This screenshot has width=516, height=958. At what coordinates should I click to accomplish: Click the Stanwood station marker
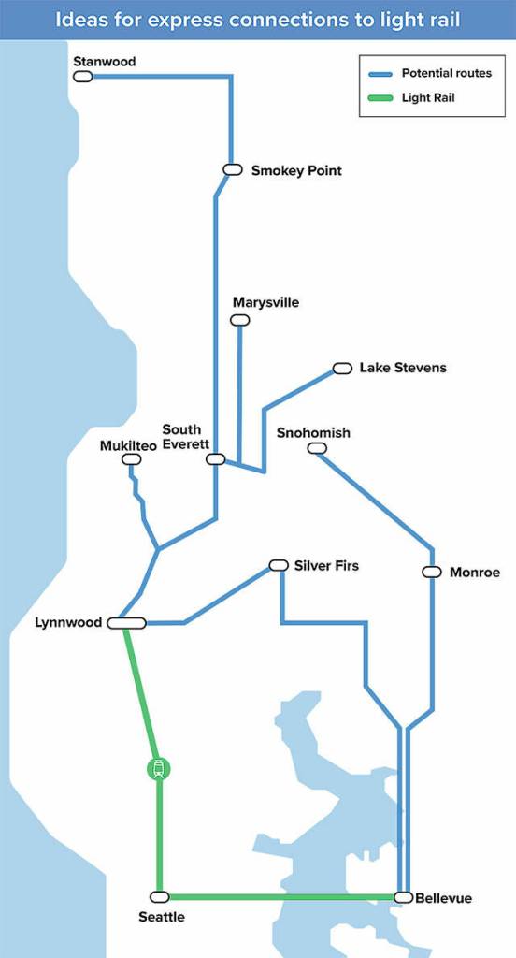(x=83, y=76)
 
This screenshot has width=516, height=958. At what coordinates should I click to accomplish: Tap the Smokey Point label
(x=296, y=170)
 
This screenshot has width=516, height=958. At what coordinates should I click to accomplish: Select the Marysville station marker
(x=240, y=320)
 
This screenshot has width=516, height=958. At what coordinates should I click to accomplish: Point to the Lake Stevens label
(x=403, y=368)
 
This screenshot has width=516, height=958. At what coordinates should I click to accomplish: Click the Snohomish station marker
(x=317, y=449)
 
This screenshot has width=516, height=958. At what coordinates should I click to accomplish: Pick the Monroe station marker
(x=432, y=572)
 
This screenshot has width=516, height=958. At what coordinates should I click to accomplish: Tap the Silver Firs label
(x=326, y=566)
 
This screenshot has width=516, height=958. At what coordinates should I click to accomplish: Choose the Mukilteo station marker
(x=132, y=459)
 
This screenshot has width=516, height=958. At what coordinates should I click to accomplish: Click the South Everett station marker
(x=216, y=459)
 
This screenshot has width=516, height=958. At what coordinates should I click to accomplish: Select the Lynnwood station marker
(x=126, y=622)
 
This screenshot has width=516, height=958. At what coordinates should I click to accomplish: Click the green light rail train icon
(x=159, y=769)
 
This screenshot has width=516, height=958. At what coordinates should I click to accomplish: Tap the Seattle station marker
(x=160, y=896)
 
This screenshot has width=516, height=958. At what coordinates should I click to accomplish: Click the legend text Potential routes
(x=446, y=73)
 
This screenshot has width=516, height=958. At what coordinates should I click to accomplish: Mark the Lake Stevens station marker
(x=342, y=369)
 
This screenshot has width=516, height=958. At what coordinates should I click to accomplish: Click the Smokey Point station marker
(x=233, y=169)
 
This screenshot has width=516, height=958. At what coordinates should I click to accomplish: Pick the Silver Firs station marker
(x=278, y=565)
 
